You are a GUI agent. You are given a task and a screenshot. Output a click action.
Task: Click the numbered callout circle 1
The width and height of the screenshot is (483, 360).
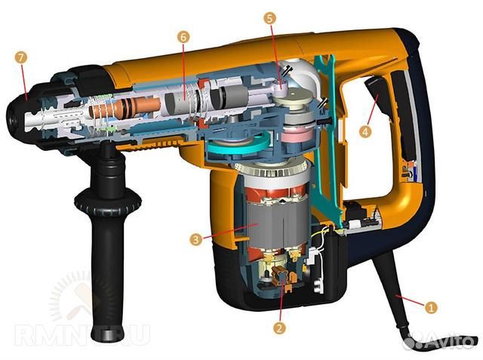point(431,307)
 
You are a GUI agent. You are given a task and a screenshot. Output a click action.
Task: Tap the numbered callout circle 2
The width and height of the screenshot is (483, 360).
point(279,328)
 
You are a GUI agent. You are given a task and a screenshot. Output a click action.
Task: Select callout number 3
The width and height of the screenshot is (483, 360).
point(196,239)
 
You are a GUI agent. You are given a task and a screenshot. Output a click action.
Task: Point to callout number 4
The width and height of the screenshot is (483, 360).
point(365,132)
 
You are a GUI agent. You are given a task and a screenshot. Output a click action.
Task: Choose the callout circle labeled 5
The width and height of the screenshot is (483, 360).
point(270,18)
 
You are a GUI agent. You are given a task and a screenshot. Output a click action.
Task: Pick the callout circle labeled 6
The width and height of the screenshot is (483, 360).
point(183,37)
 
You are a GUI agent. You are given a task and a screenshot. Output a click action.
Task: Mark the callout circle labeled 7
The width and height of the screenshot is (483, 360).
point(20,57)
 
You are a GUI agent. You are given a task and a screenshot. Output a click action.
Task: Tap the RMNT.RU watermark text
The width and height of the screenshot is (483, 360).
point(82,335)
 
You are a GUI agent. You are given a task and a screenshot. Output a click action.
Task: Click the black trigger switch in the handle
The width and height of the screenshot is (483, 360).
point(376,91)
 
